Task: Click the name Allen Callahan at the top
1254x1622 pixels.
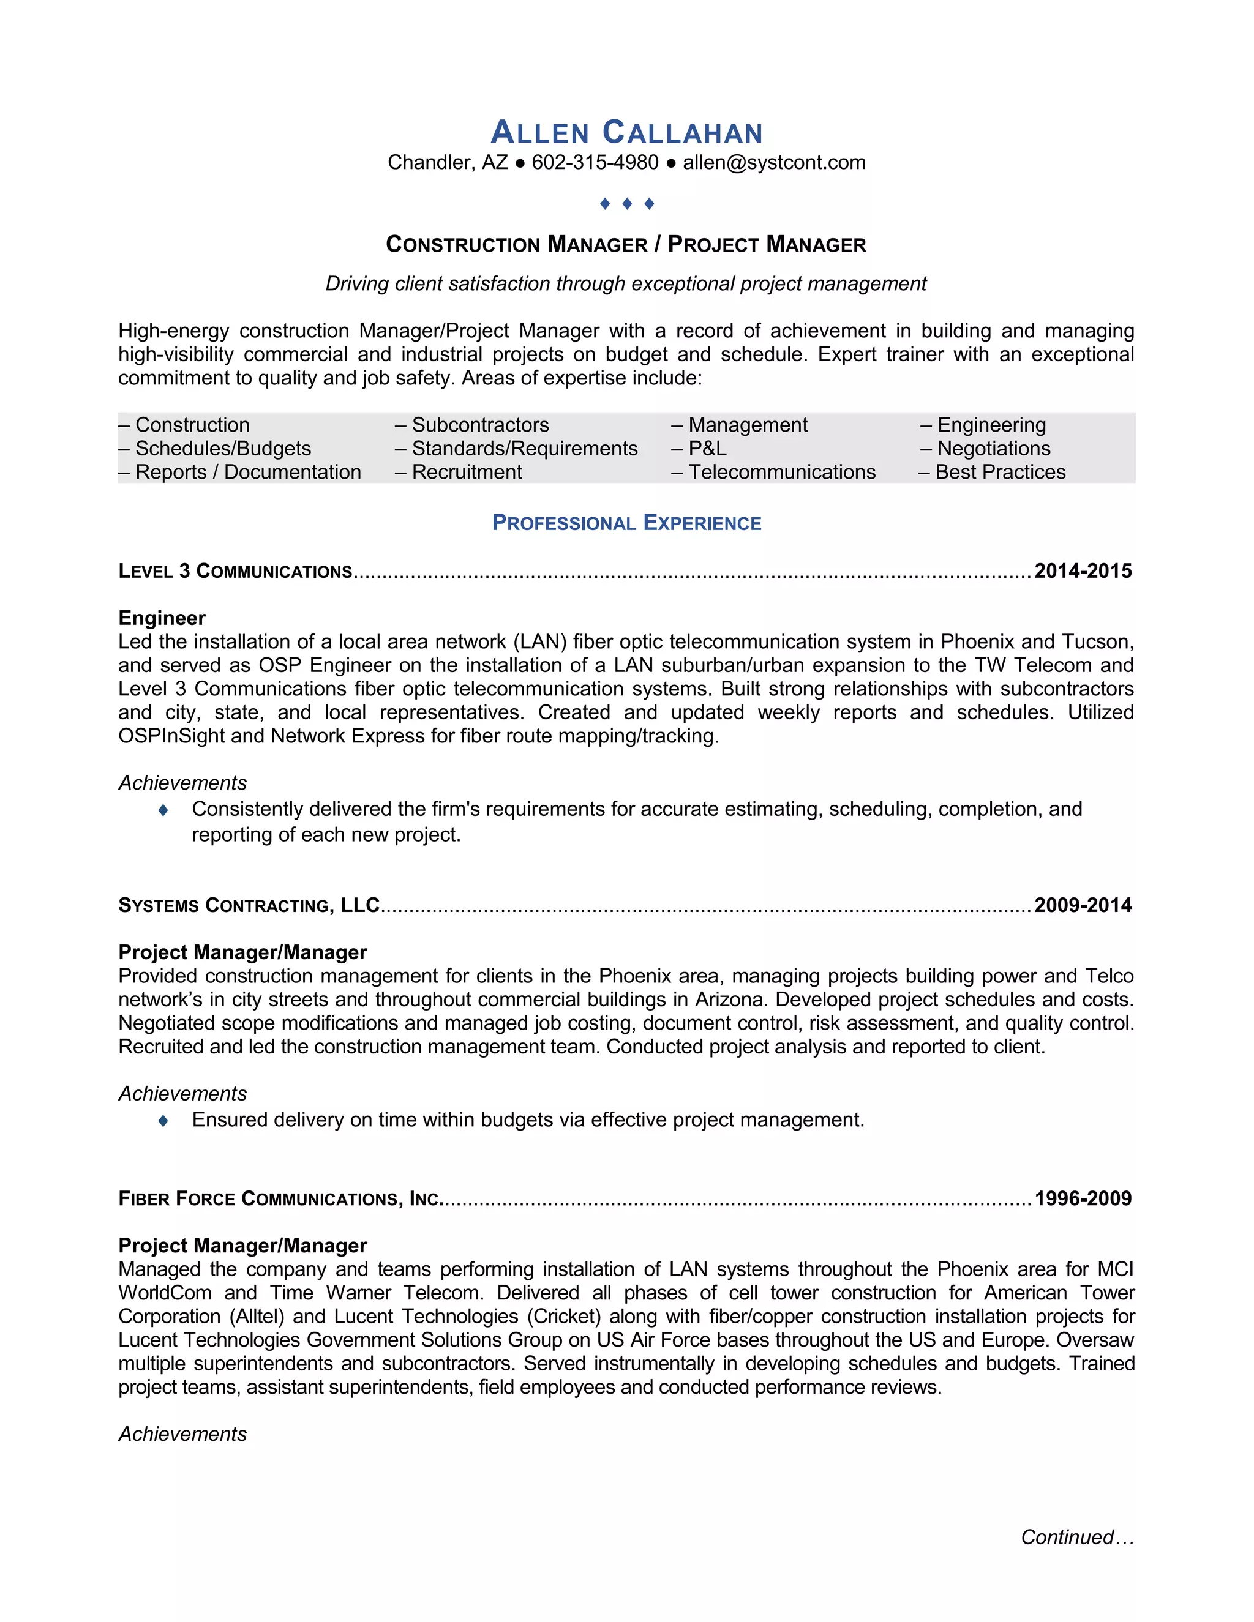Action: click(x=626, y=133)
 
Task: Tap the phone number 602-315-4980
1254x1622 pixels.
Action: click(x=595, y=163)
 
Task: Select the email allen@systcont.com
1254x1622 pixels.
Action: click(x=774, y=163)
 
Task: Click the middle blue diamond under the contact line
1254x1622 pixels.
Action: click(x=627, y=203)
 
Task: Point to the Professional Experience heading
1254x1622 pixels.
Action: click(x=626, y=523)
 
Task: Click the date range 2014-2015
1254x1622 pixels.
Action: click(x=1083, y=571)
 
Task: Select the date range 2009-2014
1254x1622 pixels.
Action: click(x=1083, y=905)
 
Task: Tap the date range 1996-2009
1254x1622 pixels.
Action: click(x=1083, y=1198)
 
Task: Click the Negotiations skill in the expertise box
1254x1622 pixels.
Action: click(x=993, y=449)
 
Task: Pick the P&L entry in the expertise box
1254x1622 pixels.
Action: click(x=707, y=449)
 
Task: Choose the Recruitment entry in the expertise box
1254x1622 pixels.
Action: click(x=467, y=473)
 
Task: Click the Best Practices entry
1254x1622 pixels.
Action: click(x=1000, y=473)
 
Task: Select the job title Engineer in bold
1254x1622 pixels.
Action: click(x=162, y=618)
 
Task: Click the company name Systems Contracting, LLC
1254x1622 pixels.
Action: click(x=249, y=905)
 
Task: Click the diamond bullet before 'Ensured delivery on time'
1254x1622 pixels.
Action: click(x=163, y=1120)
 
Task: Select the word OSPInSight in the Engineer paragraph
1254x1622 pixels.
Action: click(x=171, y=736)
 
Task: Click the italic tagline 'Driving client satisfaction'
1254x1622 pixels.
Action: click(x=626, y=284)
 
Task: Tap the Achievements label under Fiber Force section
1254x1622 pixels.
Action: click(x=182, y=1434)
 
